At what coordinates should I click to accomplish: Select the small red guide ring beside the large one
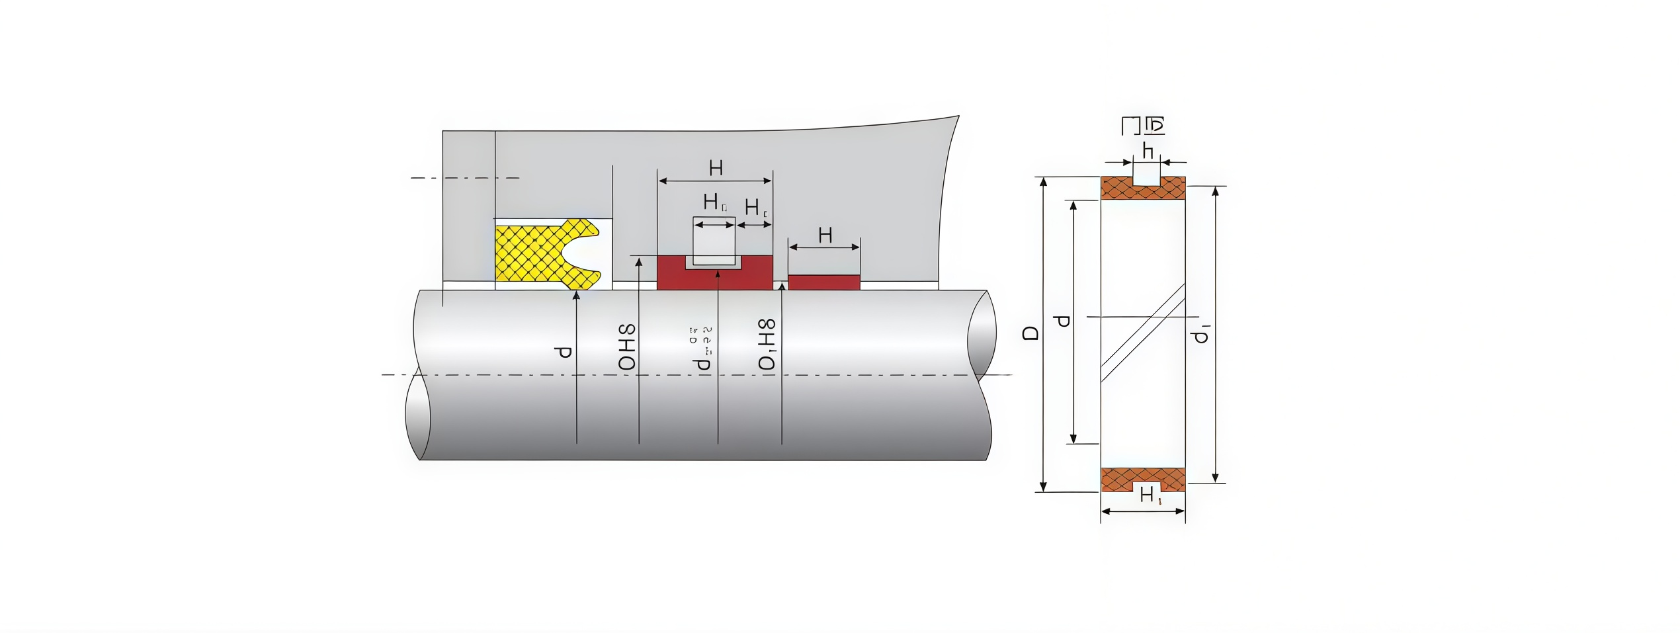point(823,282)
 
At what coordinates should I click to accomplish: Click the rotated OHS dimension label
point(626,347)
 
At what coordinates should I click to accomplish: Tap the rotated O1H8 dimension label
point(767,345)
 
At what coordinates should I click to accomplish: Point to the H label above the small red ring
point(825,235)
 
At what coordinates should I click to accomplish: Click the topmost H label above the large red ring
point(716,169)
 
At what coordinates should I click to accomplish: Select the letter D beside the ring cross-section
point(1031,333)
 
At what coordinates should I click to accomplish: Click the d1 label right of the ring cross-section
point(1201,334)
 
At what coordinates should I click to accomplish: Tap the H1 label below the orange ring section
point(1150,495)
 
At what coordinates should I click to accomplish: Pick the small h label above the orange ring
point(1148,151)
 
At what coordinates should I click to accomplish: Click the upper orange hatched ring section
point(1118,189)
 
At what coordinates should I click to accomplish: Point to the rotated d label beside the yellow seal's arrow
point(563,352)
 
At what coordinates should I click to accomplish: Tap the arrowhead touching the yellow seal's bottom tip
point(576,296)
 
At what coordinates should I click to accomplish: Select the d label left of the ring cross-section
point(1062,321)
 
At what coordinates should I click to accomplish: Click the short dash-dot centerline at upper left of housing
point(464,178)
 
